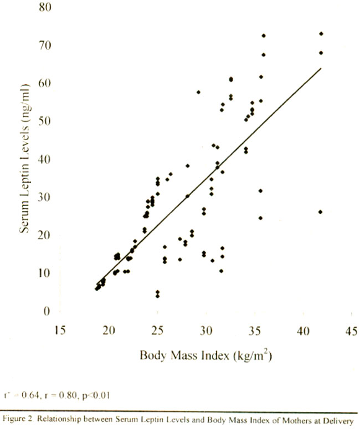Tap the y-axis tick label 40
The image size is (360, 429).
coord(44,159)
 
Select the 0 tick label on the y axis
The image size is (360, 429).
coord(48,311)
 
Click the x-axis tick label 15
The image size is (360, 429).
coord(61,331)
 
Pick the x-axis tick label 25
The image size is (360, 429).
coord(158,331)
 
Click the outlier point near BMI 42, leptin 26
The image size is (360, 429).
coord(321,211)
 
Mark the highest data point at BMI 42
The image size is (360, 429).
coord(321,34)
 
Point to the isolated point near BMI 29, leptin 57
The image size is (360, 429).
coord(198,92)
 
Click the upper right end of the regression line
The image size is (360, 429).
coord(321,68)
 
